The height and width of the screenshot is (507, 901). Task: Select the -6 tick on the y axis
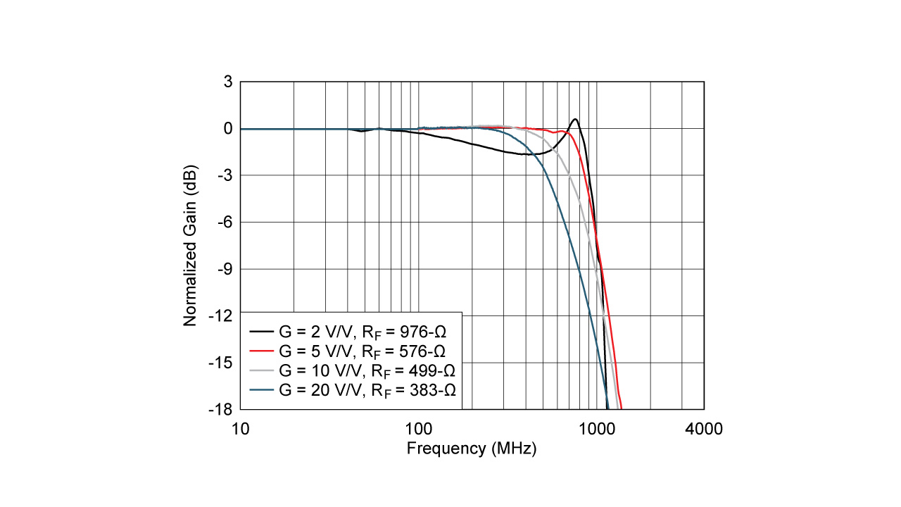click(x=224, y=222)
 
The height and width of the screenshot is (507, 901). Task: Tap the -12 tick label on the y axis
click(x=221, y=315)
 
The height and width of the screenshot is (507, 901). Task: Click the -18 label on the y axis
click(x=221, y=409)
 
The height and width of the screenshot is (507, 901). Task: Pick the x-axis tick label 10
click(x=241, y=429)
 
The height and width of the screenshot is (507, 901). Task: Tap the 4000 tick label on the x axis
click(x=703, y=429)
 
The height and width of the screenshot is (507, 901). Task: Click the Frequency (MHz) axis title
click(x=472, y=449)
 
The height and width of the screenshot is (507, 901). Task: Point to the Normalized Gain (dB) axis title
click(x=190, y=246)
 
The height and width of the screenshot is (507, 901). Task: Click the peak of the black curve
click(x=575, y=119)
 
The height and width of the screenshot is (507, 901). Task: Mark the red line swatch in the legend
click(x=262, y=350)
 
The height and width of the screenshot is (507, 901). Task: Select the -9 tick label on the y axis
click(x=224, y=269)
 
